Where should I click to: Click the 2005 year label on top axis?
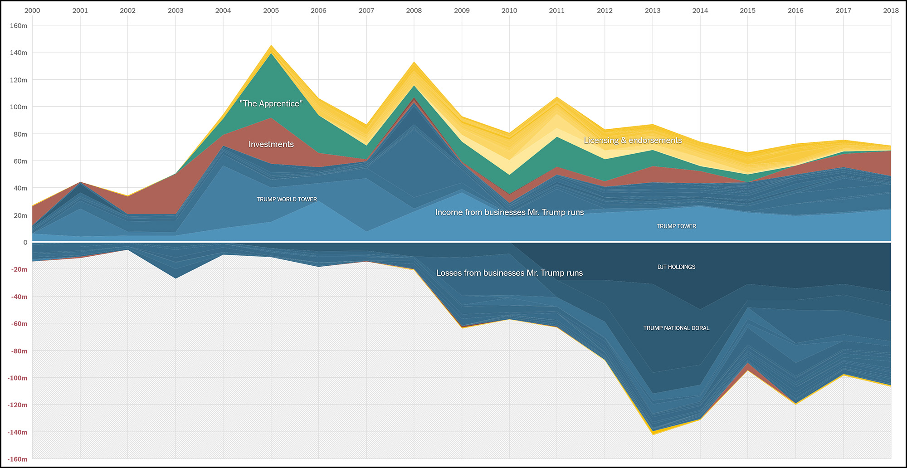pyautogui.click(x=271, y=10)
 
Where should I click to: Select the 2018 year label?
pyautogui.click(x=891, y=10)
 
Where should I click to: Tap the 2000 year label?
pyautogui.click(x=32, y=10)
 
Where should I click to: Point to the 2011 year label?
pyautogui.click(x=556, y=10)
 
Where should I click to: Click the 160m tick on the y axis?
pyautogui.click(x=19, y=26)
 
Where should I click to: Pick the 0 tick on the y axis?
pyautogui.click(x=25, y=243)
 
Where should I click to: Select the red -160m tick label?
pyautogui.click(x=17, y=459)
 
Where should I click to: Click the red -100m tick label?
pyautogui.click(x=17, y=378)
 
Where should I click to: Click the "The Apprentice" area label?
pyautogui.click(x=271, y=104)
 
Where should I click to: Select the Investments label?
pyautogui.click(x=271, y=144)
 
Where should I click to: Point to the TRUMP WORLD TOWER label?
pyautogui.click(x=287, y=200)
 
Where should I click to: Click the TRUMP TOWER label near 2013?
pyautogui.click(x=676, y=226)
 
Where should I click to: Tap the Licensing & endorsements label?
pyautogui.click(x=633, y=141)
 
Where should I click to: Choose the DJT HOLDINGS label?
pyautogui.click(x=676, y=267)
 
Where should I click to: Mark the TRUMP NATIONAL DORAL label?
pyautogui.click(x=676, y=328)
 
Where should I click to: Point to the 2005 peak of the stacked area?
pyautogui.click(x=271, y=45)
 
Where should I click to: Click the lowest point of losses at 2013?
pyautogui.click(x=653, y=434)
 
